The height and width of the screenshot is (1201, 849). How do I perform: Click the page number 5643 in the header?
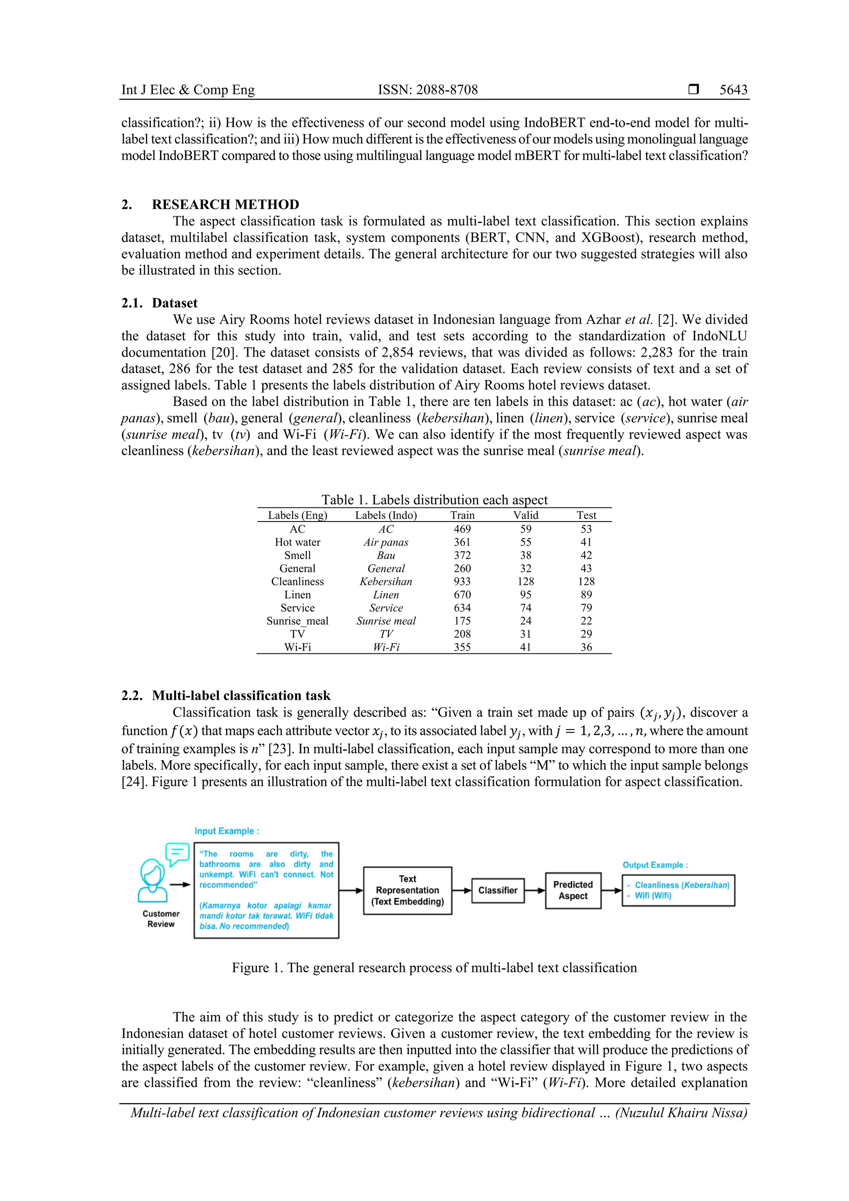733,90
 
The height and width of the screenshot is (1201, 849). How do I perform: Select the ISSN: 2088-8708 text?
427,90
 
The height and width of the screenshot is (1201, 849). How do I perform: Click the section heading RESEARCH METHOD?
226,204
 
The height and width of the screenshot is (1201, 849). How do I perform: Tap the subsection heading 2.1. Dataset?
160,303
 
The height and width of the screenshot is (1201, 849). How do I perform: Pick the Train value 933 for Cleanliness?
462,581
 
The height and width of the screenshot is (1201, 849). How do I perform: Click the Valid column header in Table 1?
525,515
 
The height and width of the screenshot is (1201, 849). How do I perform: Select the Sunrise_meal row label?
297,621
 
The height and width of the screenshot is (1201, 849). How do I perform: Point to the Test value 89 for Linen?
586,595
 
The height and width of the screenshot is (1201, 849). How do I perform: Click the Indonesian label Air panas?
386,542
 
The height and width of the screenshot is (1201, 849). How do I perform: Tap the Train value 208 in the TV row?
462,634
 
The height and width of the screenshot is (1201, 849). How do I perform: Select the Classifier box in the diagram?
497,890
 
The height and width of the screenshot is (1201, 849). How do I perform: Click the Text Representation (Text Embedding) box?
408,890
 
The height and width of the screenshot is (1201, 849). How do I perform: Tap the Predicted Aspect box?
573,890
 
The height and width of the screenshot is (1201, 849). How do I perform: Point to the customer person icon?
152,881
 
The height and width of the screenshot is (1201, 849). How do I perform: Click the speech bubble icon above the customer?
177,854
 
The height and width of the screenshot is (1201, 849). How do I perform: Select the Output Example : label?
655,865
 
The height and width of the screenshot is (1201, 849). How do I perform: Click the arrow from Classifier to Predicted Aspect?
535,890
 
